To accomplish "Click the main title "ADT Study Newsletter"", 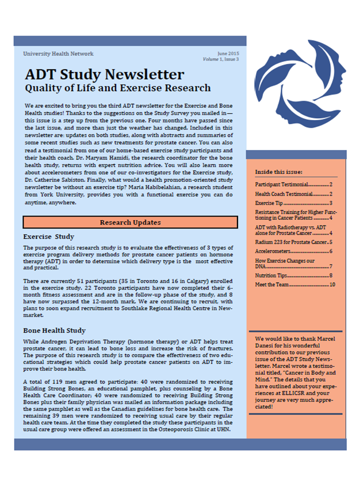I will pyautogui.click(x=104, y=75).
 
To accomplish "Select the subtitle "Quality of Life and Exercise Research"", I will pyautogui.click(x=117, y=88).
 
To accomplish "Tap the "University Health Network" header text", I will pyautogui.click(x=58, y=54).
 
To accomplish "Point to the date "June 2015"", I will pyautogui.click(x=228, y=53).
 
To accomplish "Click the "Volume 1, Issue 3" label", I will pyautogui.click(x=220, y=59).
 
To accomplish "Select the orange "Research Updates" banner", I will pyautogui.click(x=130, y=222).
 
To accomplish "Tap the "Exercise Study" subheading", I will pyautogui.click(x=48, y=236).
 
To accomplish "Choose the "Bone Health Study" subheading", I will pyautogui.click(x=54, y=330).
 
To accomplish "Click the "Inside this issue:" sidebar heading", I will pyautogui.click(x=278, y=172).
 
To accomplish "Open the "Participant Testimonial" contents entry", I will pyautogui.click(x=280, y=184).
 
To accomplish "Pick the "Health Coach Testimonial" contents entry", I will pyautogui.click(x=283, y=194).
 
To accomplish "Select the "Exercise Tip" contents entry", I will pyautogui.click(x=269, y=203).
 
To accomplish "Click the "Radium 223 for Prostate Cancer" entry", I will pyautogui.click(x=290, y=242).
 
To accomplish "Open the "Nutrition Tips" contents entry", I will pyautogui.click(x=271, y=275).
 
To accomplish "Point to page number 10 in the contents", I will pyautogui.click(x=332, y=284).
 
